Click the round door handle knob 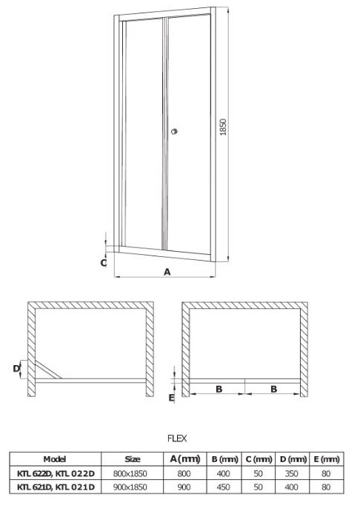pyautogui.click(x=175, y=132)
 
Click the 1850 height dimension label pyautogui.click(x=223, y=127)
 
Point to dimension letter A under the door pyautogui.click(x=167, y=272)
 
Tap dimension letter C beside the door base pyautogui.click(x=104, y=263)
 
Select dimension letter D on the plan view pyautogui.click(x=16, y=369)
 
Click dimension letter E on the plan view pyautogui.click(x=172, y=398)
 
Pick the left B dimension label pyautogui.click(x=219, y=389)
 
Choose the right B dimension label pyautogui.click(x=274, y=389)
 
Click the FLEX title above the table pyautogui.click(x=177, y=438)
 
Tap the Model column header pyautogui.click(x=55, y=459)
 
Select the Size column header pyautogui.click(x=132, y=459)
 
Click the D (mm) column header pyautogui.click(x=293, y=459)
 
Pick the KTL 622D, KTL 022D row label pyautogui.click(x=56, y=473)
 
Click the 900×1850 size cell pyautogui.click(x=130, y=487)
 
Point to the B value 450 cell pyautogui.click(x=224, y=487)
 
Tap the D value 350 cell pyautogui.click(x=291, y=473)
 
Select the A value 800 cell pyautogui.click(x=184, y=473)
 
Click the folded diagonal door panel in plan pyautogui.click(x=48, y=370)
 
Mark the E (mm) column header pyautogui.click(x=327, y=459)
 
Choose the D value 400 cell pyautogui.click(x=291, y=487)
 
